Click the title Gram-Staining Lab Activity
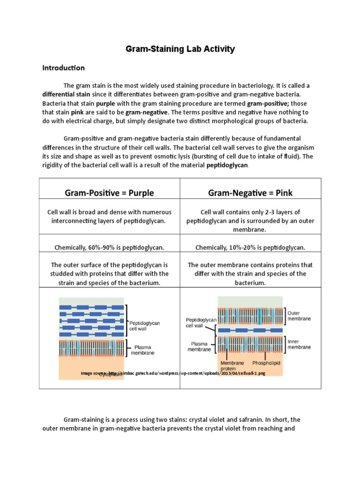coord(180,49)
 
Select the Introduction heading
coord(63,68)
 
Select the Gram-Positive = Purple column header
coord(109,193)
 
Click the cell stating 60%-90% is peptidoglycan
coord(109,247)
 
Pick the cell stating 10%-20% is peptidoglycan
coord(250,247)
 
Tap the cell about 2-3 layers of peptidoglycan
coord(250,221)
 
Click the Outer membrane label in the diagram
coord(299,315)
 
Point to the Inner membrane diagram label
coord(299,345)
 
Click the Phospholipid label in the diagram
coord(267,363)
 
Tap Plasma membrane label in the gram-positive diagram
coord(142,350)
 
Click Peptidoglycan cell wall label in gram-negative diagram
coord(201,322)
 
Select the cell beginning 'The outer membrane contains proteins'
coord(250,274)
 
